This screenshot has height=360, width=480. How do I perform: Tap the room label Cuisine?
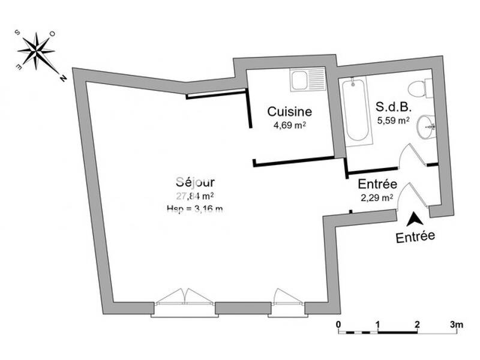[289, 112]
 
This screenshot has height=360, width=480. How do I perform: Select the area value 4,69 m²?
[289, 125]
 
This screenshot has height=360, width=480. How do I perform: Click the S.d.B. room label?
[393, 107]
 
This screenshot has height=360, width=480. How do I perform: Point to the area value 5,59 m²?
[393, 121]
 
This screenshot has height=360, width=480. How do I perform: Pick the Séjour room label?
[196, 182]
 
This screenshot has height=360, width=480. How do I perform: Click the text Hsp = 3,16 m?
[195, 208]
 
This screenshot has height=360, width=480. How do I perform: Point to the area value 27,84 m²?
[195, 196]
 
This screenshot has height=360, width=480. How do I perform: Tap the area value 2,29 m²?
[376, 197]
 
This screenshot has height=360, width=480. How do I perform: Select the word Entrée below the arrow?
[415, 236]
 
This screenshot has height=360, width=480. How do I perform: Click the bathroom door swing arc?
[407, 154]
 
